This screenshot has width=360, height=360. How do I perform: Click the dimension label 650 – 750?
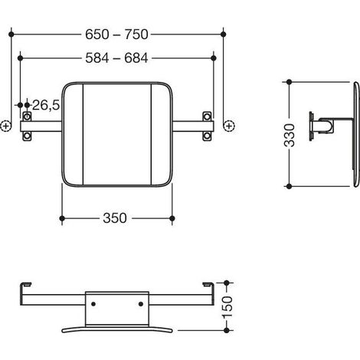(x=116, y=34)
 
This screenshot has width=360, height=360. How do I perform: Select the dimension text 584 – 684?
(x=116, y=58)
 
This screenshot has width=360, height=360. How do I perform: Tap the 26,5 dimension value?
(x=46, y=105)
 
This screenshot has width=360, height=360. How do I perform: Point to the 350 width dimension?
(x=115, y=218)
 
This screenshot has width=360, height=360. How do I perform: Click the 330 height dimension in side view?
(x=290, y=136)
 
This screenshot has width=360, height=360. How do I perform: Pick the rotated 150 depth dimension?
(x=227, y=307)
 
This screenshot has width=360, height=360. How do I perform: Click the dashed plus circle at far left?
(x=5, y=126)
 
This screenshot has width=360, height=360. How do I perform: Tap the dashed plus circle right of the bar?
(x=229, y=126)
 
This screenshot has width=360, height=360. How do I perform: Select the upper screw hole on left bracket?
(x=27, y=116)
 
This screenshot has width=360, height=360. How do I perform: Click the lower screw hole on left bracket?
(x=27, y=136)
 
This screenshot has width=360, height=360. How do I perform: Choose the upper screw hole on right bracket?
(x=207, y=116)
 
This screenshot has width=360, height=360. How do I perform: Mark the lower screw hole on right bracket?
(x=207, y=136)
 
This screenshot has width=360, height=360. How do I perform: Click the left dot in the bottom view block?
(x=93, y=304)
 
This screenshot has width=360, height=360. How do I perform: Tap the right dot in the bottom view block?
(x=141, y=304)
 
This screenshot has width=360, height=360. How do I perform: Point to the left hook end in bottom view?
(x=25, y=284)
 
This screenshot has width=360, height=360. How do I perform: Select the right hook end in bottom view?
(x=208, y=284)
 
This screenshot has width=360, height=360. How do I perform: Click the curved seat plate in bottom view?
(x=117, y=329)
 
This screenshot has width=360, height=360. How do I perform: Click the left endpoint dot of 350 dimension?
(x=62, y=218)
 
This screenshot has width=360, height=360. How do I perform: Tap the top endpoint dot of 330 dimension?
(x=289, y=82)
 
